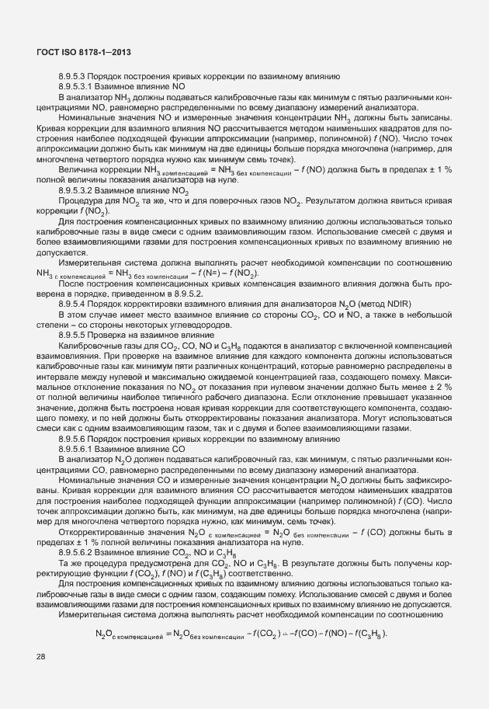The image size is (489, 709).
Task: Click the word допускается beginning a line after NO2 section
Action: tap(61, 253)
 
